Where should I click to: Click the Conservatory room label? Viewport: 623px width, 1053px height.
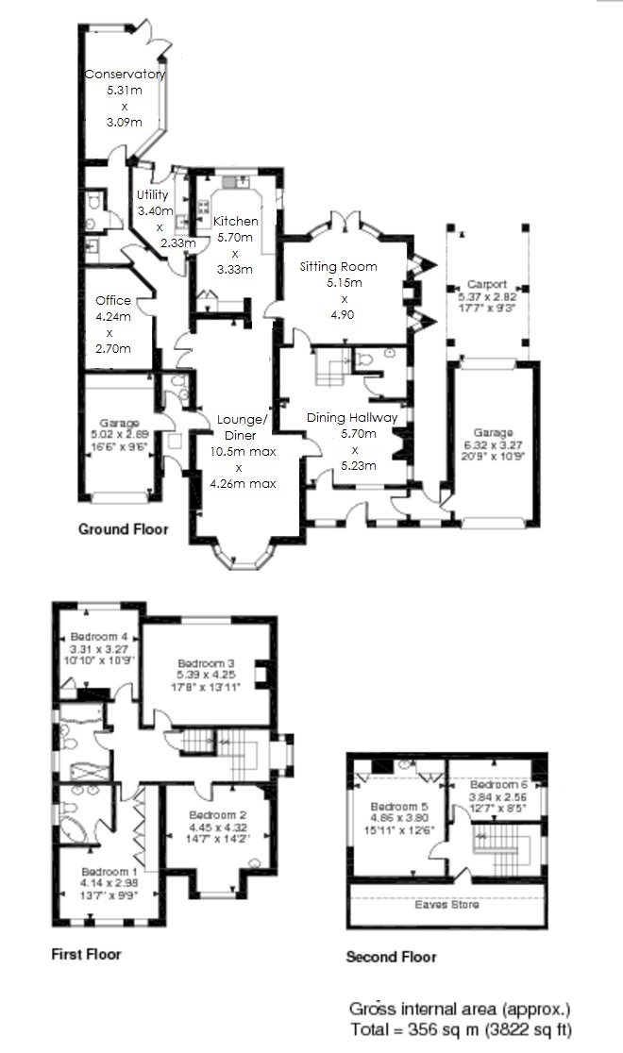click(125, 75)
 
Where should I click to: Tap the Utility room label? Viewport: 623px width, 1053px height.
click(153, 195)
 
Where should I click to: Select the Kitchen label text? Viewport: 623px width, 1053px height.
click(235, 221)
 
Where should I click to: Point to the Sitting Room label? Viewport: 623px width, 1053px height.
click(331, 267)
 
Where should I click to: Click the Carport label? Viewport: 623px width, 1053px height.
click(488, 283)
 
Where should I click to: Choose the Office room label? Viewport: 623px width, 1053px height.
click(113, 301)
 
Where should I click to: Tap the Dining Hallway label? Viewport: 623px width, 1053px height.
click(352, 417)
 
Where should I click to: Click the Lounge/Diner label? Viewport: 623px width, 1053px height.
click(243, 420)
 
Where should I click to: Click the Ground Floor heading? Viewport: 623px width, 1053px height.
click(123, 529)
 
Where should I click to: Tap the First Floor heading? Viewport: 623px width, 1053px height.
click(86, 954)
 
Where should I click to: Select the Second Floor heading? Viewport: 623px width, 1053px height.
click(391, 957)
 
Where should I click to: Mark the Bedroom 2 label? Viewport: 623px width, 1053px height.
click(217, 814)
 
